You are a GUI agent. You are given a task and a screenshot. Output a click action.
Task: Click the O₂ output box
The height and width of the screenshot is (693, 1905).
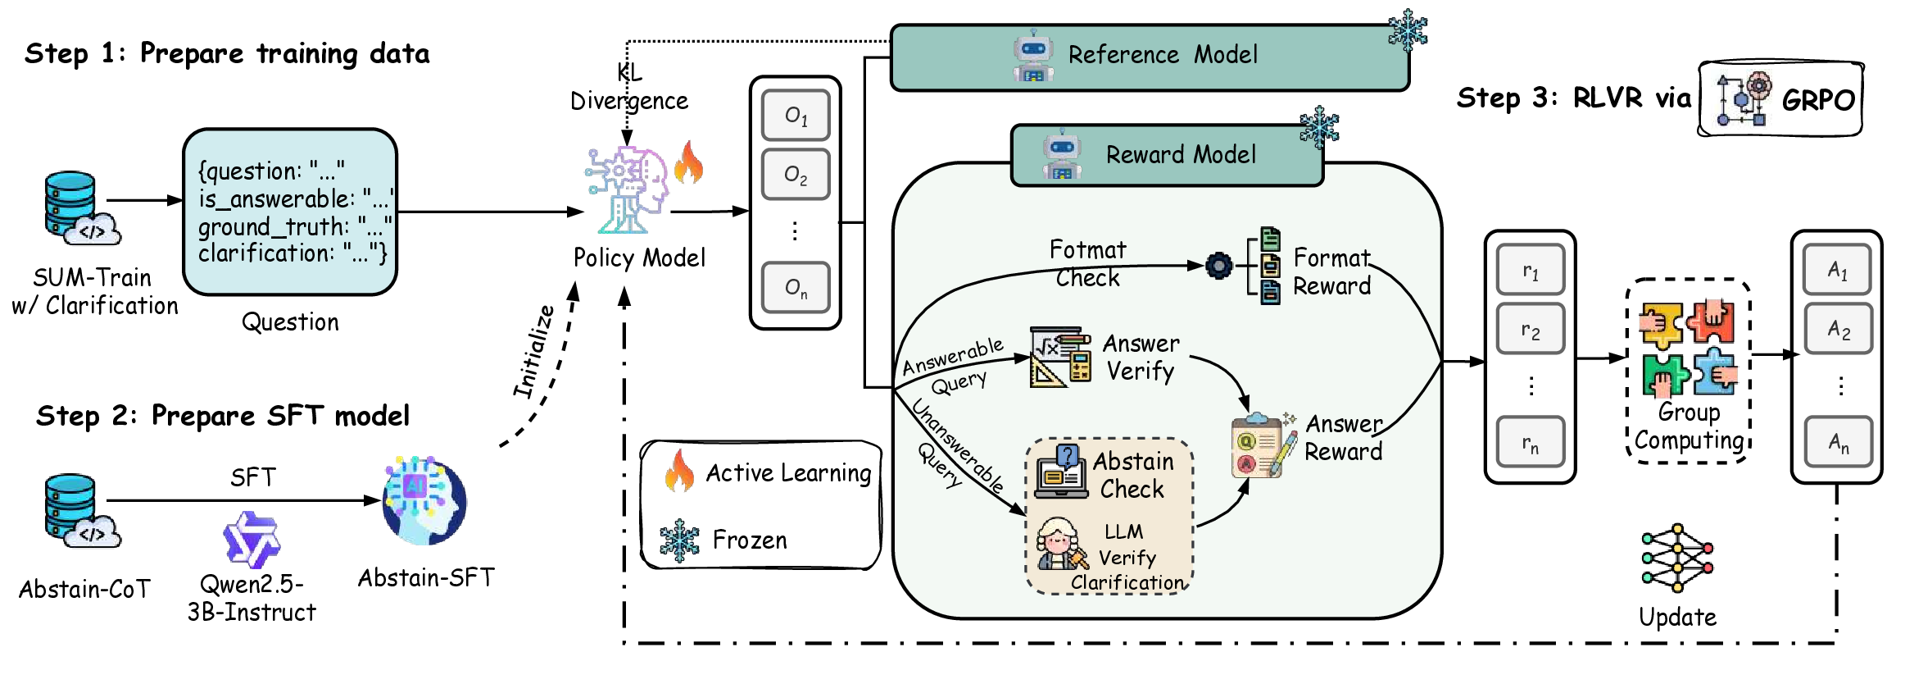pyautogui.click(x=795, y=175)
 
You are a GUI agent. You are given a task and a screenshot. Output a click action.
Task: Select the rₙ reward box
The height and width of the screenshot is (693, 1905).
pyautogui.click(x=1530, y=443)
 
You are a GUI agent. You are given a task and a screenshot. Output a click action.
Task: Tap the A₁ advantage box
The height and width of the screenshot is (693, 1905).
pyautogui.click(x=1838, y=270)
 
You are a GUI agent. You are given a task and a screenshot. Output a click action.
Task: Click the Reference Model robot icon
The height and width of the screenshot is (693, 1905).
pyautogui.click(x=1032, y=56)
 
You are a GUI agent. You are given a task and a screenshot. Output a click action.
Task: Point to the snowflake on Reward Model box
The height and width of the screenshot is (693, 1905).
pyautogui.click(x=1318, y=127)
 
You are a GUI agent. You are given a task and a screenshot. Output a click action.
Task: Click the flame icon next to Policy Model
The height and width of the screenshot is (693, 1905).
pyautogui.click(x=688, y=162)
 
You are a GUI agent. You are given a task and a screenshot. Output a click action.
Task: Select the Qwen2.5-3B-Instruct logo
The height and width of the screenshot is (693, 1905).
pyautogui.click(x=252, y=540)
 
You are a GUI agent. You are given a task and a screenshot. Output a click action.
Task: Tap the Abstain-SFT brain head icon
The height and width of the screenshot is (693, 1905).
pyautogui.click(x=424, y=500)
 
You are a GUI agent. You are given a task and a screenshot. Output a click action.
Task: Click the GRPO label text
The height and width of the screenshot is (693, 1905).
pyautogui.click(x=1817, y=100)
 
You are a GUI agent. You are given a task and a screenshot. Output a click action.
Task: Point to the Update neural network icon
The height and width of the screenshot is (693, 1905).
pyautogui.click(x=1676, y=559)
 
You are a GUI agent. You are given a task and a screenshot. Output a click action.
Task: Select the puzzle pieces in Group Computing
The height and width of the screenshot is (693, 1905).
pyautogui.click(x=1688, y=348)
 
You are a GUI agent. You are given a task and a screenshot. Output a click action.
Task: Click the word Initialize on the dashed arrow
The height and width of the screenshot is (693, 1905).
pyautogui.click(x=533, y=351)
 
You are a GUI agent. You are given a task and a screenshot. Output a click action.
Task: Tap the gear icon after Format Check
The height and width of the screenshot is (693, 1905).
pyautogui.click(x=1218, y=266)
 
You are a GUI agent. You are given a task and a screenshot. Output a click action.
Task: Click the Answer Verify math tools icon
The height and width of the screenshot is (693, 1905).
pyautogui.click(x=1060, y=357)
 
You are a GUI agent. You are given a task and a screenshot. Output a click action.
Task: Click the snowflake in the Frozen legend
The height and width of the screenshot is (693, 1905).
pyautogui.click(x=679, y=540)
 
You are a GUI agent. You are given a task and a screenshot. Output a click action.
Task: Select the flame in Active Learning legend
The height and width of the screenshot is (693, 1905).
pyautogui.click(x=679, y=472)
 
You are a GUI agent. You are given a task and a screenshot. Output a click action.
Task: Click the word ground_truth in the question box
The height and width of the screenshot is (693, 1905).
pyautogui.click(x=273, y=227)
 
